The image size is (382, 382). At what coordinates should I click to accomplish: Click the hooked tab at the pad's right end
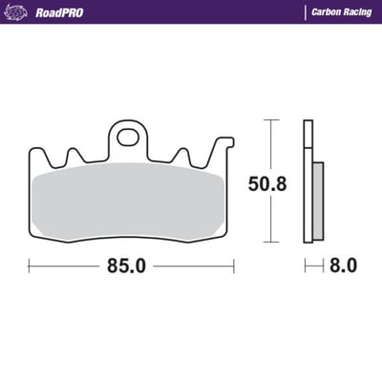[226, 146]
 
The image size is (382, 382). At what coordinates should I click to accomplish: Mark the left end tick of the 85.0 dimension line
[29, 266]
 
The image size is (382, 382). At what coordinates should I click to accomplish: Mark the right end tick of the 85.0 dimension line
[234, 266]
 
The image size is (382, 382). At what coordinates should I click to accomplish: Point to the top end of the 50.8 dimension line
[271, 120]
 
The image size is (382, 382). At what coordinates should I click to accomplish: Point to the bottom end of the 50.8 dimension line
[271, 242]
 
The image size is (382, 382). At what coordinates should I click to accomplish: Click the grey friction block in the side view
[318, 201]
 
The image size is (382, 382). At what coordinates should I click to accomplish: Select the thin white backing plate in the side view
[308, 181]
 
